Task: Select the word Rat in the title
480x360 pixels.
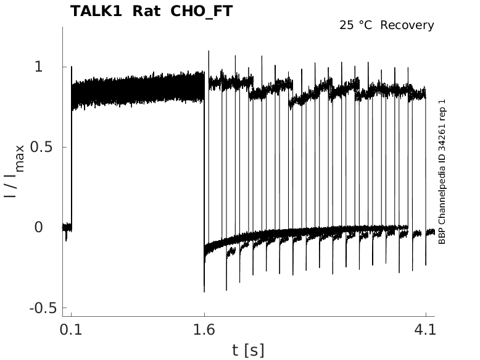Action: [147, 11]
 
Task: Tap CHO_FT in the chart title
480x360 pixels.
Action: [202, 11]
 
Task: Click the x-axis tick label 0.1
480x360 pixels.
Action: [71, 330]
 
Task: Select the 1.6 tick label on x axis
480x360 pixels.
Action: [204, 330]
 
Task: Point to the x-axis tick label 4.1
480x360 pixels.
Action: [426, 330]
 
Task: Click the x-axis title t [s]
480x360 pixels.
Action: [248, 351]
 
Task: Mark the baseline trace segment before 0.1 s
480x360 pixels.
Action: [67, 227]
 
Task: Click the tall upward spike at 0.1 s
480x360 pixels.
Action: [72, 68]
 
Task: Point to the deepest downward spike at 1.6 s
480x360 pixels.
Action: [204, 289]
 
